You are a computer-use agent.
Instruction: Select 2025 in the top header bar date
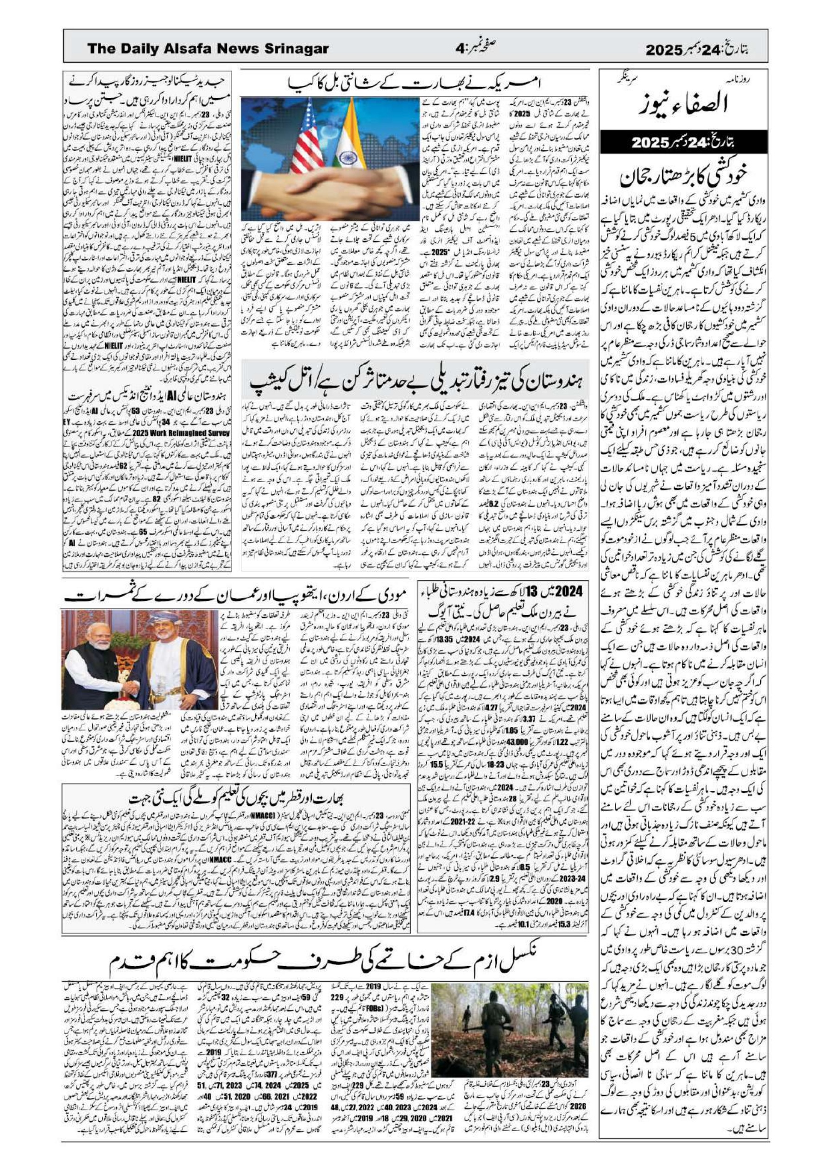click(x=664, y=50)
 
